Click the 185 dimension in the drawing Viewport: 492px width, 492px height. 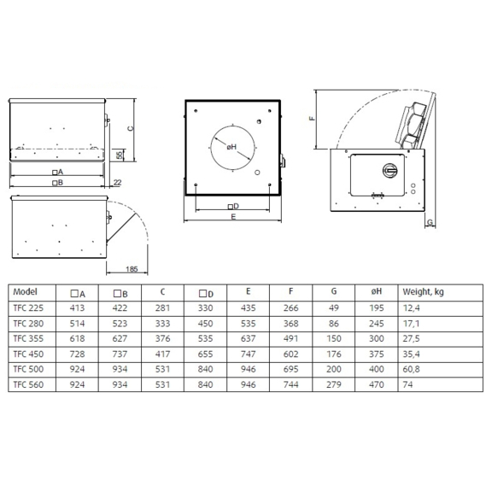click(x=131, y=268)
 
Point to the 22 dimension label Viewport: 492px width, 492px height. click(x=116, y=182)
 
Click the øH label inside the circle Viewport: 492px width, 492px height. click(x=231, y=147)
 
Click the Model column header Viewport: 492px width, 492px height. click(x=26, y=292)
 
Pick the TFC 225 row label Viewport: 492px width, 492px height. click(x=29, y=307)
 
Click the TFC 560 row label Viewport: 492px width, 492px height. click(x=29, y=385)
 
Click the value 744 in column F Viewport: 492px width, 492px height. click(x=293, y=385)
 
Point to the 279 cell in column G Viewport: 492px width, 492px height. click(x=333, y=385)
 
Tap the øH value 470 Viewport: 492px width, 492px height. click(x=375, y=385)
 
